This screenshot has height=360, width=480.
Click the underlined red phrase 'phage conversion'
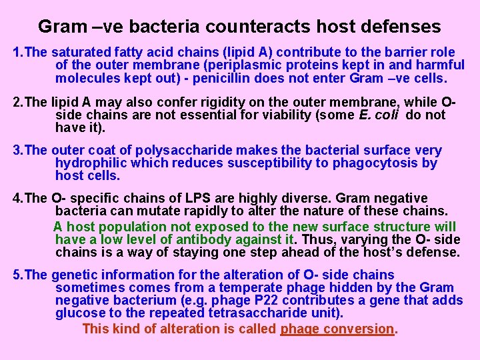pyautogui.click(x=337, y=329)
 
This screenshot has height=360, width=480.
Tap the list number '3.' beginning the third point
pyautogui.click(x=18, y=151)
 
